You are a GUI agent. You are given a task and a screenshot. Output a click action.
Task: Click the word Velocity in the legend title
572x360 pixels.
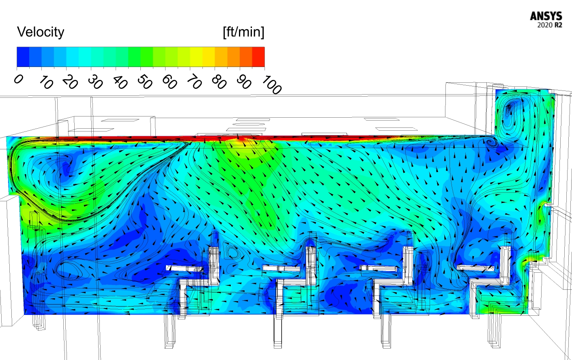pos(41,32)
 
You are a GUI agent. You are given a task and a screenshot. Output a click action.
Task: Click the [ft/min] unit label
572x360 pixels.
pos(243,32)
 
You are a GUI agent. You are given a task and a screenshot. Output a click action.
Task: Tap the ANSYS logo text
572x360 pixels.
pos(546,16)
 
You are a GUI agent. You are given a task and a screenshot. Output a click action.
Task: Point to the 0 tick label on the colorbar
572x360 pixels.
pos(18,79)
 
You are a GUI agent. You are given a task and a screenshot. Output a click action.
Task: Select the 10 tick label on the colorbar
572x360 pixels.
pos(45,83)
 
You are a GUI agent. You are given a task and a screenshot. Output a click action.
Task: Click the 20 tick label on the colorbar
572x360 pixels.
pos(70,83)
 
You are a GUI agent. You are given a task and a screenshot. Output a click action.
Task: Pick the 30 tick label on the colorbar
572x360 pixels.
pos(95,83)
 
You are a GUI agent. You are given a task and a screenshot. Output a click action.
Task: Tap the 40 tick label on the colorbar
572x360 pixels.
pos(120,83)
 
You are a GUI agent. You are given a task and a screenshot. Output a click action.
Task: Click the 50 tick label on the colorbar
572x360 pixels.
pos(144,83)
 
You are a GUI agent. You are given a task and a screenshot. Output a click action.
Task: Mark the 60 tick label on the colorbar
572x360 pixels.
pos(169,83)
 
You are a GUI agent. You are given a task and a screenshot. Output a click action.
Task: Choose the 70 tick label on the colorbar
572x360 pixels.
pos(194,83)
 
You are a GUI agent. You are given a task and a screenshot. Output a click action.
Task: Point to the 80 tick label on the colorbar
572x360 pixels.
pos(219,83)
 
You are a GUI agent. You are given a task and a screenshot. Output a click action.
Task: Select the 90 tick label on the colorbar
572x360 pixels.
pos(243,83)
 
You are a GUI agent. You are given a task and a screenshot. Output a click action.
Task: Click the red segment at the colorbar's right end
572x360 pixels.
pos(258,57)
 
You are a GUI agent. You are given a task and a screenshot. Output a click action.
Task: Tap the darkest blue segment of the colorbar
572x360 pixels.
pos(23,57)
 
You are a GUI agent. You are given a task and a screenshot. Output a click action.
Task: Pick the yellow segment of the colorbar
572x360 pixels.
pos(196,57)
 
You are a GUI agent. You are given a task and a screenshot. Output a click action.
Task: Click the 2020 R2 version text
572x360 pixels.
pos(550,25)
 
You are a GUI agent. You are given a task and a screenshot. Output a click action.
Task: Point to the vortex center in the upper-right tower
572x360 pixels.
pos(509,109)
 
